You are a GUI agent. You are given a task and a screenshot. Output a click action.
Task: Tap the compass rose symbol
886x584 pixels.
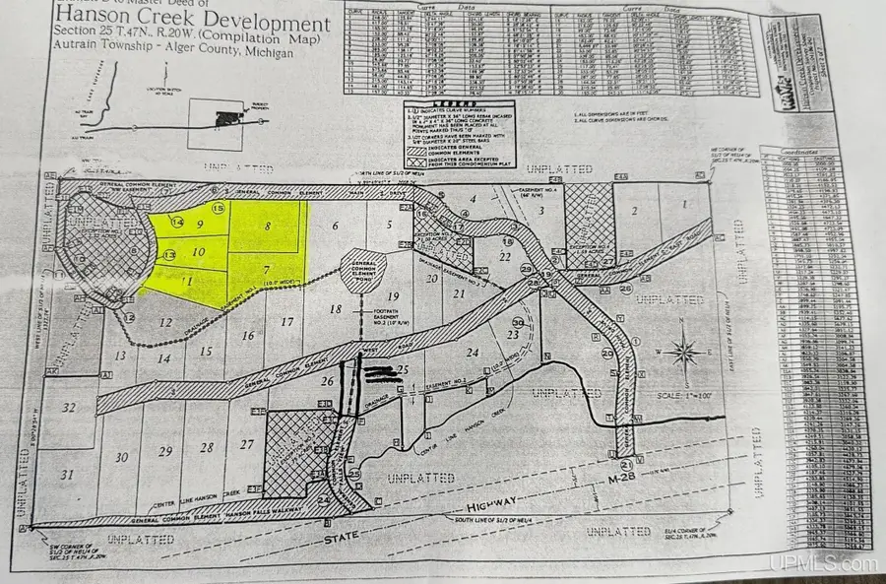pos(681,351)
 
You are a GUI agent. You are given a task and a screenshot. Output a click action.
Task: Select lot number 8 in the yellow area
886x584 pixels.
pos(267,226)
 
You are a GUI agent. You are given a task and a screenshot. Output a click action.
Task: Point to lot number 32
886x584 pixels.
pos(68,407)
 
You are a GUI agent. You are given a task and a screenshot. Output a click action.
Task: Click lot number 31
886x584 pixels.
pos(68,476)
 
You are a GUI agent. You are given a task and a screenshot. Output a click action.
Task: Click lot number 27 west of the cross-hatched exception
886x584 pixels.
pos(247,444)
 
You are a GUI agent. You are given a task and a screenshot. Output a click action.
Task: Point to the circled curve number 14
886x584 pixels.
pos(176,223)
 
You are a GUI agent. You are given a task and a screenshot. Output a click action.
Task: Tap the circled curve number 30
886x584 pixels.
pos(518,322)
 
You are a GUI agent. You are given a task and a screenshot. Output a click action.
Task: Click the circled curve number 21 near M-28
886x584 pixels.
pos(625,465)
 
